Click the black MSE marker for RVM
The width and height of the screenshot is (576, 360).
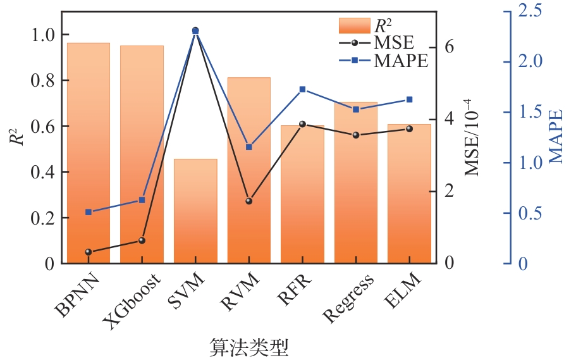point(249,201)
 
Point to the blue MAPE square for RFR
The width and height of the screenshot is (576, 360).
point(302,89)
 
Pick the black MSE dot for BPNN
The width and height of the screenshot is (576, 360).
point(89,252)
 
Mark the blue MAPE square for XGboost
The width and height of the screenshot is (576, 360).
point(142,200)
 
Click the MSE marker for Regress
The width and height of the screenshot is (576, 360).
point(356,135)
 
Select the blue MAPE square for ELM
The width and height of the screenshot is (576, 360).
point(409,99)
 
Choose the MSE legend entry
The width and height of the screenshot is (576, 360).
point(377,43)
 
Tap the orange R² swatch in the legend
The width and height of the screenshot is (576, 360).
point(354,25)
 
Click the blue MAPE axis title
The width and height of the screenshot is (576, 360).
point(556,137)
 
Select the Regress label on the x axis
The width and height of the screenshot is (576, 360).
point(348,297)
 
